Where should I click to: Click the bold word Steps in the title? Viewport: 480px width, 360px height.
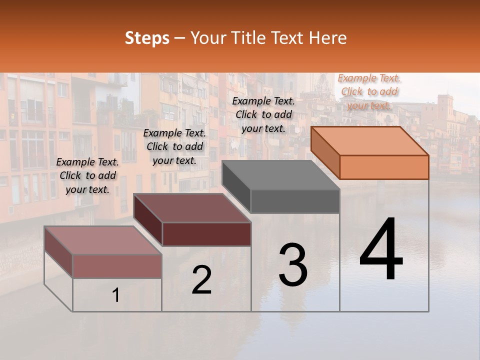coord(147,38)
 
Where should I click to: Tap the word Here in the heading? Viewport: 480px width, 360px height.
coord(327,38)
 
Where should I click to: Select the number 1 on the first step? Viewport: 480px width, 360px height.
coord(115,295)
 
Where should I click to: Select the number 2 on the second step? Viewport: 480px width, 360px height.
coord(201,280)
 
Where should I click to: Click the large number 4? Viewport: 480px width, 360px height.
coord(381,249)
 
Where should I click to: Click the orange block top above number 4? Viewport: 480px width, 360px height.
coord(370,140)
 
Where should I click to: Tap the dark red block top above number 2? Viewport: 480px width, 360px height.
coord(192,207)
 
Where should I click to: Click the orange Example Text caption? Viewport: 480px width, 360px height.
coord(369,91)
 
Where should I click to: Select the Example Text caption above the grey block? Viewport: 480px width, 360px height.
coord(263,114)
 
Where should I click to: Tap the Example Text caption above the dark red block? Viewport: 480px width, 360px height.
coord(174,147)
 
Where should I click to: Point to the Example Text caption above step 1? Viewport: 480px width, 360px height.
coord(87,175)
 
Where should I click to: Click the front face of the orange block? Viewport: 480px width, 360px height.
coord(384,167)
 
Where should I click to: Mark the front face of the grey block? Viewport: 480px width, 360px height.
coord(295,201)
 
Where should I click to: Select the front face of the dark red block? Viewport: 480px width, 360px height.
coord(206,234)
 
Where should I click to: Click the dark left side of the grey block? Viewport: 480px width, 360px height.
coord(236,186)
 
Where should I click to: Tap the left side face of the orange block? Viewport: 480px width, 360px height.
coord(325,153)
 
